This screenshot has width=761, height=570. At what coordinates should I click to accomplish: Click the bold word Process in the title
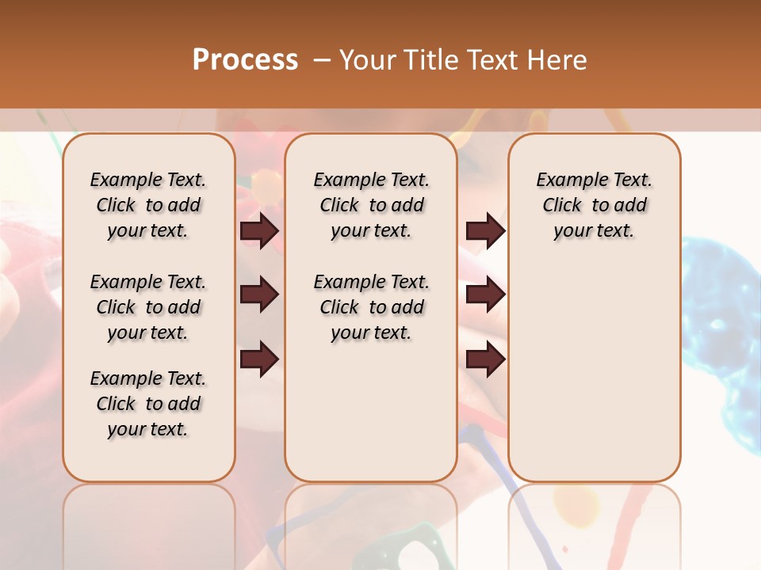[245, 60]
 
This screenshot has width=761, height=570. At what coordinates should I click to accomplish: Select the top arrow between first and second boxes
[259, 230]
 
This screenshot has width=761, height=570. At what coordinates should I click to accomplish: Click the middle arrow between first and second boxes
[259, 294]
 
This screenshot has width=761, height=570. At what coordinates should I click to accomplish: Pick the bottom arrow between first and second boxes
[259, 359]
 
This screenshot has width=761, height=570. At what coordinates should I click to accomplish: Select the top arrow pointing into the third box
[485, 230]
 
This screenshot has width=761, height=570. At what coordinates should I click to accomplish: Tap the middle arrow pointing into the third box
[485, 294]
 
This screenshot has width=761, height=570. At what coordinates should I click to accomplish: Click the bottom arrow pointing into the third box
[485, 359]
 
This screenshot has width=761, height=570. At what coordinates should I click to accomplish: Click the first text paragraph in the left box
[148, 205]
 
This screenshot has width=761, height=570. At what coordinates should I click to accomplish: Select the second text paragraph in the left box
[148, 307]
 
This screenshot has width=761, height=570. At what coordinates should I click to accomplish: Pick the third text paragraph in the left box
[148, 404]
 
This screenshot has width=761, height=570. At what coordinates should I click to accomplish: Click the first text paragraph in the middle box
[371, 205]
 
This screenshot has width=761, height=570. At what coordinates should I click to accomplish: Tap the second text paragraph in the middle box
[371, 307]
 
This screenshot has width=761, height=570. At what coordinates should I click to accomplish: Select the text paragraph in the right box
[594, 205]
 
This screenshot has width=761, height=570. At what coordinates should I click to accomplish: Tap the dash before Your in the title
[322, 60]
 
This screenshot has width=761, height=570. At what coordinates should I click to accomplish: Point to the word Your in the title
[369, 60]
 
